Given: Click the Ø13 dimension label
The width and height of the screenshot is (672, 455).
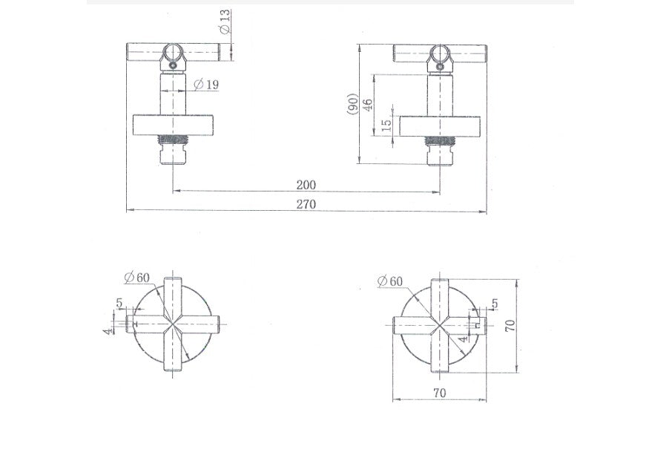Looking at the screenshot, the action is coord(225,22).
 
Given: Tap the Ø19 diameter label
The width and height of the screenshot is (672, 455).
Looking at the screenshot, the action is coord(206,85).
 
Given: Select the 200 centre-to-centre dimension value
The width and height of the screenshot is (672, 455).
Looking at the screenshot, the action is coord(306,185).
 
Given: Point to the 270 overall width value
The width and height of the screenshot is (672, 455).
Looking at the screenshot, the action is coord(306,204).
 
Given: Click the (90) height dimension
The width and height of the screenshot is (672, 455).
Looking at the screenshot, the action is coord(352,104).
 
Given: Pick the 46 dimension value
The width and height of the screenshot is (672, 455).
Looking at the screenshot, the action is coord(368,105).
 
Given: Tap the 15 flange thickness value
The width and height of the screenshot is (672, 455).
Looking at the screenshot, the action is coord(386,125).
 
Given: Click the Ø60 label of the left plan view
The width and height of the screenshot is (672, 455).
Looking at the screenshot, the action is coord(137,278).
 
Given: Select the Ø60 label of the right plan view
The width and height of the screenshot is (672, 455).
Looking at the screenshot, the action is coord(390,281).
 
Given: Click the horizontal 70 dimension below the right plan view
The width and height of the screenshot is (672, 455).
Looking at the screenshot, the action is coord(439,393).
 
